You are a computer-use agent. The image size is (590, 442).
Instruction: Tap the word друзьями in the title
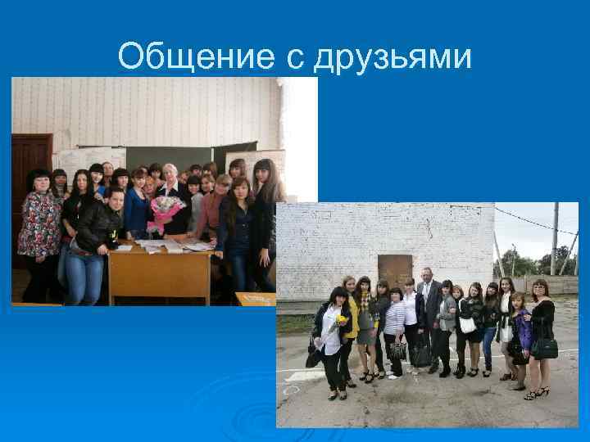(393, 57)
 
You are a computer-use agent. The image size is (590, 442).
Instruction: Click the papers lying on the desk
(172, 244)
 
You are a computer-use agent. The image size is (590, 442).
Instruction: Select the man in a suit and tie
(428, 315)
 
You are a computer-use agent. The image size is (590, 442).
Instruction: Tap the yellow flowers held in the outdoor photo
(341, 319)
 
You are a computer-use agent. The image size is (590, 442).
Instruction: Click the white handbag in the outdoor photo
(468, 324)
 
